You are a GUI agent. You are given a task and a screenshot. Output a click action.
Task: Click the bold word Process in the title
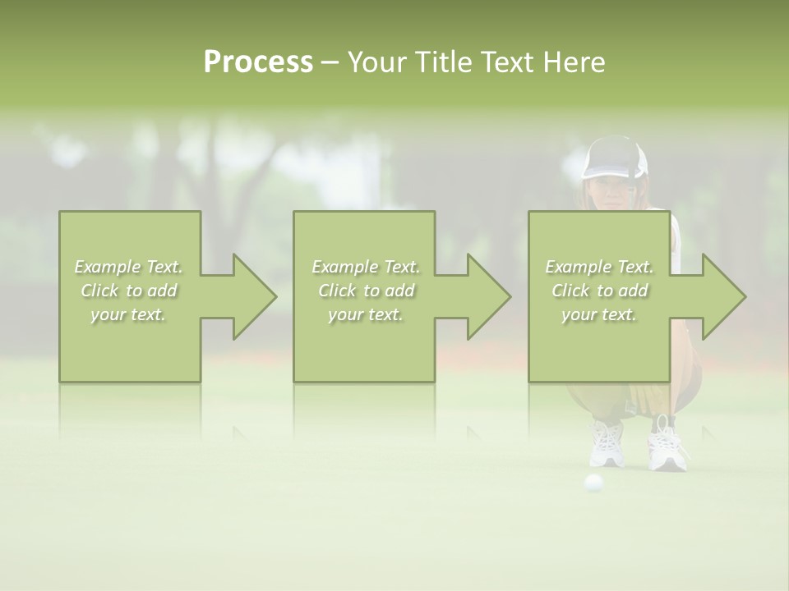[x=258, y=62]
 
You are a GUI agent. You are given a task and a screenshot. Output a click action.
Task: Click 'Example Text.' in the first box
[x=128, y=267]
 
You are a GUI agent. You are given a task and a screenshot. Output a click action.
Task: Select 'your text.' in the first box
[x=128, y=314]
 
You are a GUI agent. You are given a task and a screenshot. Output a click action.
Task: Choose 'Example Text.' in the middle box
[x=366, y=267]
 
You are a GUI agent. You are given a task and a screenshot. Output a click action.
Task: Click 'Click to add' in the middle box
[x=366, y=291]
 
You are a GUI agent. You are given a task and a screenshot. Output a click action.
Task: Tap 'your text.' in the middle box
[x=366, y=314]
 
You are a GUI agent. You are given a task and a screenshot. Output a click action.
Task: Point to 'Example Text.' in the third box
[x=599, y=267]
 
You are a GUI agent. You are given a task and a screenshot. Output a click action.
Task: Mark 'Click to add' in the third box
[x=599, y=291]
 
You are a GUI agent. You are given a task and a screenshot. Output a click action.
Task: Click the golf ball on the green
[x=593, y=483]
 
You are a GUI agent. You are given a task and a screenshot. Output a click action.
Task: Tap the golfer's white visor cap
[x=614, y=159]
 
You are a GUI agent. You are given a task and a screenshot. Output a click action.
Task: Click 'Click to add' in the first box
[x=128, y=291]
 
